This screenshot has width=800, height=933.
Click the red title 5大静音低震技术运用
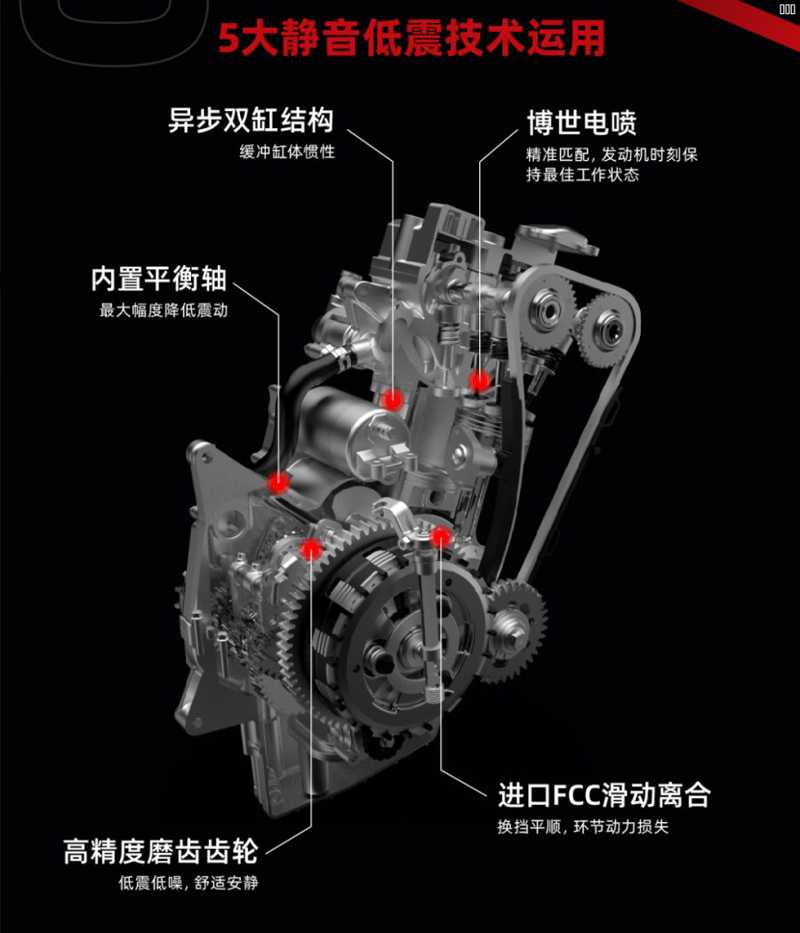[x=412, y=39]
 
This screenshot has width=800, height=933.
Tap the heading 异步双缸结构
[x=251, y=120]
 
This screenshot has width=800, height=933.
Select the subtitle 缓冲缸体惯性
[x=287, y=152]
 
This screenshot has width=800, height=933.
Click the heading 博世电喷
[x=581, y=122]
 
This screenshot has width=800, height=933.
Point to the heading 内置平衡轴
[x=159, y=279]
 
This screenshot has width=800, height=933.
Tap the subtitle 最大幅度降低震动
[x=164, y=311]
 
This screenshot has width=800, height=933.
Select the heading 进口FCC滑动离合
[x=604, y=793]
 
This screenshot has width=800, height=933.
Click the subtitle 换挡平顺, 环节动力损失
[x=582, y=826]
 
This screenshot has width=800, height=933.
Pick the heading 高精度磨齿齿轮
[x=161, y=850]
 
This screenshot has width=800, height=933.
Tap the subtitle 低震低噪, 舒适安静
[x=188, y=882]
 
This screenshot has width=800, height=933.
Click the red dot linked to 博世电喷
[x=480, y=381]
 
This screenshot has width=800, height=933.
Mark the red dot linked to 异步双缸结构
[x=393, y=401]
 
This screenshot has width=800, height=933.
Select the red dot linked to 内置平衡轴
[x=279, y=482]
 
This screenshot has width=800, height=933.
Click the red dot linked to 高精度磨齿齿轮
[x=310, y=550]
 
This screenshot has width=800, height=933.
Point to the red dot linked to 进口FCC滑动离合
[x=441, y=537]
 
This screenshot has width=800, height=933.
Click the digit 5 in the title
[x=229, y=40]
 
